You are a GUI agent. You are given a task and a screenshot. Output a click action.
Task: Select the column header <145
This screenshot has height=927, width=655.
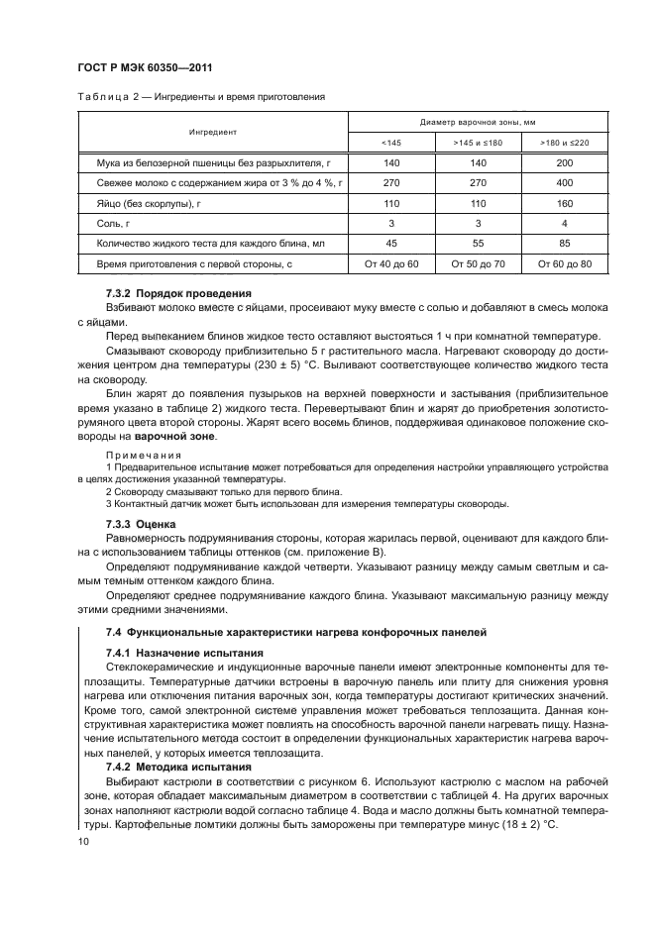click(391, 143)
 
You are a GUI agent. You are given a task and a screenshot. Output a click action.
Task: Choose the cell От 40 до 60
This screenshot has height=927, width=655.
click(391, 264)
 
